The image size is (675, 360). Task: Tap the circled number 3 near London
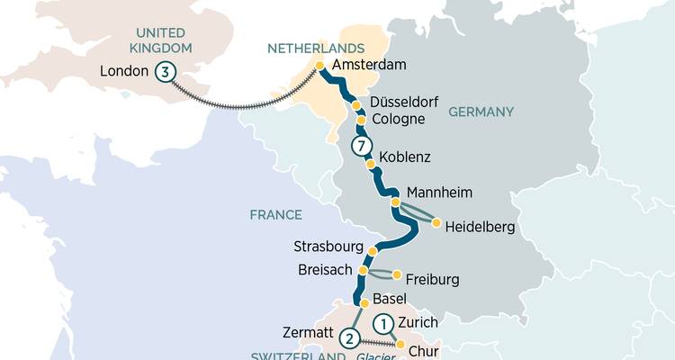[x=165, y=72]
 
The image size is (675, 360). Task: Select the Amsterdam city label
[x=369, y=66]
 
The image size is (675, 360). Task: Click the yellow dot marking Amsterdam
[x=319, y=66]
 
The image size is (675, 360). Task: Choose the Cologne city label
[x=397, y=121]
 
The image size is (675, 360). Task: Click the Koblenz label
[x=405, y=157]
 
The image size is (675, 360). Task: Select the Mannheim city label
[x=439, y=193]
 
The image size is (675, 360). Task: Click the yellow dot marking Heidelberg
[x=436, y=222]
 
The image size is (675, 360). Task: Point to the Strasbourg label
[x=328, y=247]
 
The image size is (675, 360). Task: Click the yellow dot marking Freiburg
[x=397, y=274]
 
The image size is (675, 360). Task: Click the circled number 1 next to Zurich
[x=383, y=322]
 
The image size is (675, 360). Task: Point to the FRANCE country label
[x=276, y=215]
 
